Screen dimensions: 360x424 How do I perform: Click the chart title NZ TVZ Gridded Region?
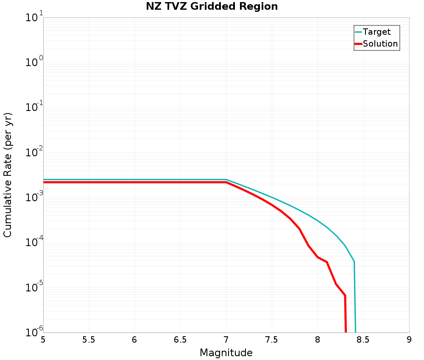click(212, 7)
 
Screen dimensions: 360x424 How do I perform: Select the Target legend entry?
click(377, 32)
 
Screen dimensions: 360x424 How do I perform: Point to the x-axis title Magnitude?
click(226, 353)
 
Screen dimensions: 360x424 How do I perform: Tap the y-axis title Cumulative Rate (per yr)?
click(8, 175)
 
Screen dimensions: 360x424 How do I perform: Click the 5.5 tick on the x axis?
click(89, 340)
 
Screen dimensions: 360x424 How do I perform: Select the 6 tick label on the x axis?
click(134, 340)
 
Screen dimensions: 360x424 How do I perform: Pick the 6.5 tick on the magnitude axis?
click(180, 340)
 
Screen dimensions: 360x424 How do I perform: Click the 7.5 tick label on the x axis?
click(272, 340)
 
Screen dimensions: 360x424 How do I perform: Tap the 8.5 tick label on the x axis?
click(363, 340)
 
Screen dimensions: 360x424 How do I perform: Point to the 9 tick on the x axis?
click(409, 340)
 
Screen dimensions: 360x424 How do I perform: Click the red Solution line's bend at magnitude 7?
click(226, 182)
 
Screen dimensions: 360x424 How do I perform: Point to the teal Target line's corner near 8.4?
click(354, 262)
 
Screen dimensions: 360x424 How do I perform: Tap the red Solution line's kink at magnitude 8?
click(318, 257)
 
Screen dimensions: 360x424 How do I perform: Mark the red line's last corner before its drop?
click(345, 295)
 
